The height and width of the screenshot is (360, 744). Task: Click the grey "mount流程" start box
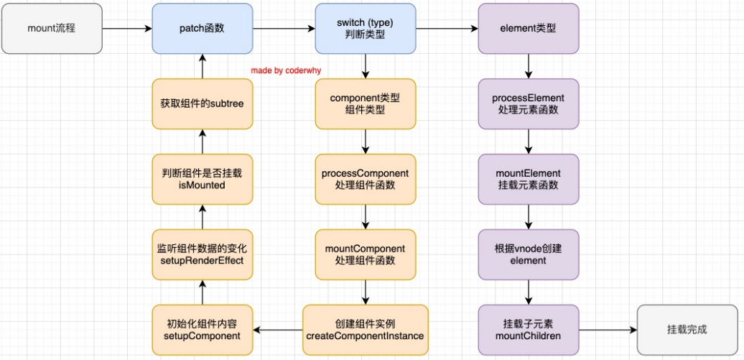point(52,29)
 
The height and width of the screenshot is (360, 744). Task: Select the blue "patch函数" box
point(202,29)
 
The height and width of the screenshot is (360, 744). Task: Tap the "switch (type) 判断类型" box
point(366,29)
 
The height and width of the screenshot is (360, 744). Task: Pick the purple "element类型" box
point(529,29)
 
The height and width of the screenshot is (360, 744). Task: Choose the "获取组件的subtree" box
point(202,103)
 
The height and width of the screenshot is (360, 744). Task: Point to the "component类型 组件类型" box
point(366,103)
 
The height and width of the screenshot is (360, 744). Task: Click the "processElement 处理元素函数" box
point(529,103)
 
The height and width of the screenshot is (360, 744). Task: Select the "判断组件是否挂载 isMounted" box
point(202,179)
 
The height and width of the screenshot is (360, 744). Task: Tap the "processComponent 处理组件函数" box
point(366,179)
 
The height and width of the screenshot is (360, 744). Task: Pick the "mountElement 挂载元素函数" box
point(529,179)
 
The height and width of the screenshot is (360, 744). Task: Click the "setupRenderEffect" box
point(202,254)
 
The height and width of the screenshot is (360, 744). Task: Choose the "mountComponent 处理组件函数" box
point(366,254)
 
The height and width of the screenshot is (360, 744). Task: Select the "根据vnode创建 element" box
point(529,254)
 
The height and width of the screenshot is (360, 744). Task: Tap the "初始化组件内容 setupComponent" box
point(202,330)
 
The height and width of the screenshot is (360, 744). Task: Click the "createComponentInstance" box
point(366,330)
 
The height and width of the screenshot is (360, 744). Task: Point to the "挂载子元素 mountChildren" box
point(529,330)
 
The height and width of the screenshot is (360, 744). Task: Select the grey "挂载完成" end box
point(687,330)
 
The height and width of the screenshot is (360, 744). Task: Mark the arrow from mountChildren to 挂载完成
point(608,330)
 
